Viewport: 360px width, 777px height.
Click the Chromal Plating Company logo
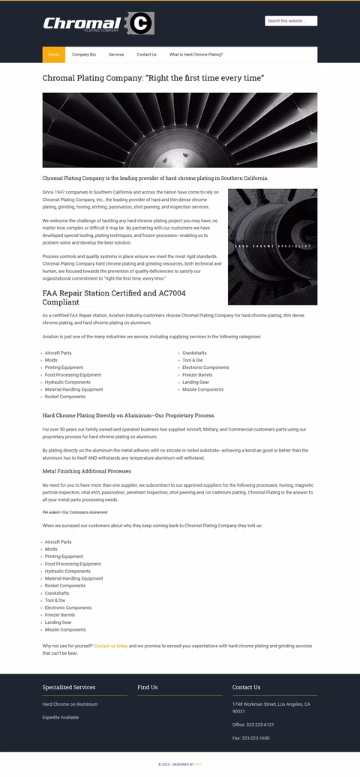pyautogui.click(x=98, y=24)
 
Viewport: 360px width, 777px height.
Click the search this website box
pyautogui.click(x=291, y=21)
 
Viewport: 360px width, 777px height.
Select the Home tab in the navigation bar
pyautogui.click(x=54, y=55)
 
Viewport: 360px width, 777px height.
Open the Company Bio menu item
pyautogui.click(x=84, y=55)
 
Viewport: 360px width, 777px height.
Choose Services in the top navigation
pyautogui.click(x=116, y=55)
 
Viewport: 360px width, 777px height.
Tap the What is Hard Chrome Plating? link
pyautogui.click(x=196, y=55)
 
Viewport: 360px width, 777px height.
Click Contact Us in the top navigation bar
pyautogui.click(x=146, y=55)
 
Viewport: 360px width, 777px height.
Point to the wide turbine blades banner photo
pyautogui.click(x=180, y=130)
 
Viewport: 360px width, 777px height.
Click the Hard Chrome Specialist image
pyautogui.click(x=272, y=247)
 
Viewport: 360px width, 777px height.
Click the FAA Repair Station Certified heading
pyautogui.click(x=114, y=297)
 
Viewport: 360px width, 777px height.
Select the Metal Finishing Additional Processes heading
pyautogui.click(x=87, y=471)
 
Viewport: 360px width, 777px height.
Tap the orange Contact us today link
pyautogui.click(x=111, y=645)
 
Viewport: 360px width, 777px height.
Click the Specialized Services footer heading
pyautogui.click(x=69, y=687)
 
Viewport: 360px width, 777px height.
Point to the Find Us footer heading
pyautogui.click(x=148, y=687)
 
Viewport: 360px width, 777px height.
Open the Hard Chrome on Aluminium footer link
pyautogui.click(x=70, y=704)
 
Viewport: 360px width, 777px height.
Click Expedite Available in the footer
pyautogui.click(x=61, y=718)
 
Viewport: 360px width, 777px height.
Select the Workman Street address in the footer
pyautogui.click(x=271, y=707)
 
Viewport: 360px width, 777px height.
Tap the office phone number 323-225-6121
pyautogui.click(x=253, y=724)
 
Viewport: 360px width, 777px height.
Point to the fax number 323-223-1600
pyautogui.click(x=250, y=738)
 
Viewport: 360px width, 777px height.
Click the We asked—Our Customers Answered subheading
pyautogui.click(x=75, y=512)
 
